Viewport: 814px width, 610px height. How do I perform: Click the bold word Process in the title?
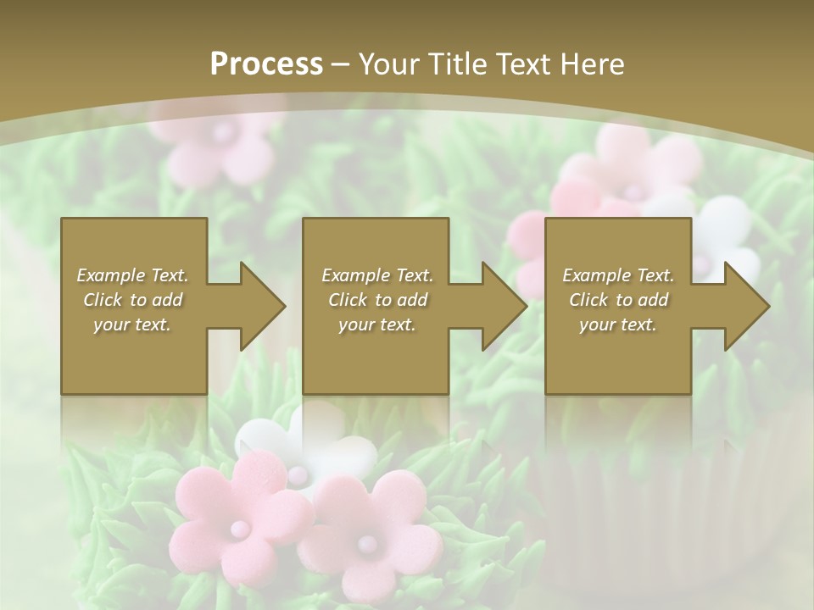[266, 64]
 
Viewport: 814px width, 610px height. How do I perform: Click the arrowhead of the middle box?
[504, 306]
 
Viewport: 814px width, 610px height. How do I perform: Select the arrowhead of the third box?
[746, 306]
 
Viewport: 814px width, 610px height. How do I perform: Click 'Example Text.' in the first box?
[132, 275]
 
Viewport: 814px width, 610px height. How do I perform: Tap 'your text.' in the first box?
[132, 324]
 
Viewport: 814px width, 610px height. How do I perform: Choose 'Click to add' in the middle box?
[377, 300]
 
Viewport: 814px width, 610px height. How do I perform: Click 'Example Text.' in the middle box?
[377, 275]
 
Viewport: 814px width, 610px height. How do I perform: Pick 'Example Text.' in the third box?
[618, 275]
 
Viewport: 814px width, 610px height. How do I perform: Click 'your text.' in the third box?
[618, 324]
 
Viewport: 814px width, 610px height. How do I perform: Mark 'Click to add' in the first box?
[132, 300]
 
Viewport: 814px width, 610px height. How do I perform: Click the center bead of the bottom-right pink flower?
[365, 541]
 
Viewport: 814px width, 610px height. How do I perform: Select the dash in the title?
[341, 64]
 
